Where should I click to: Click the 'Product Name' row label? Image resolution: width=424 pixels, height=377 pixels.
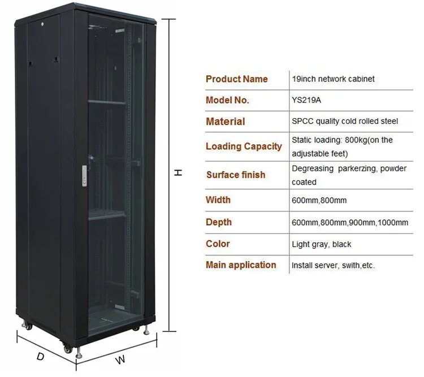pos(236,79)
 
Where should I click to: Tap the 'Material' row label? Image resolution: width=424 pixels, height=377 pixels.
pos(225,122)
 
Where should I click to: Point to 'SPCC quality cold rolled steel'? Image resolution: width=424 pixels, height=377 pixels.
pos(345,122)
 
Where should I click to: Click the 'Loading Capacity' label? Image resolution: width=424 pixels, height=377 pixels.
pos(243,146)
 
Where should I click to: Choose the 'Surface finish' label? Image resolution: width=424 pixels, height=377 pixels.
pos(235,175)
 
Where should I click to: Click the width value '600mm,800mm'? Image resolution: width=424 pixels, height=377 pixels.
pos(319,200)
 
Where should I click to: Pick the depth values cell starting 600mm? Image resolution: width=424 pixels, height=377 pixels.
pos(349,223)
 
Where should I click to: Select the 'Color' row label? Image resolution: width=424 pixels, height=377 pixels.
pos(218,244)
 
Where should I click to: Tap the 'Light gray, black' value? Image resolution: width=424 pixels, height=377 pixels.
pos(321,244)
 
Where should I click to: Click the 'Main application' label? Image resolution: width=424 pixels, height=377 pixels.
pos(241,265)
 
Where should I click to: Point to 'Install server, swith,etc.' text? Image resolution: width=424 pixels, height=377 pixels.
pos(333,265)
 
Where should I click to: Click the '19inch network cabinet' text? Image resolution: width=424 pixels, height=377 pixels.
pos(333,79)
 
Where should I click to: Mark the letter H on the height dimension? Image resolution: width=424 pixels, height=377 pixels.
pos(178,173)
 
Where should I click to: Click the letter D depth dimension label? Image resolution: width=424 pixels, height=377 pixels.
pos(40,357)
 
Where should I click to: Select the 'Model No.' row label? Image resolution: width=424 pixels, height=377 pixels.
pos(227,101)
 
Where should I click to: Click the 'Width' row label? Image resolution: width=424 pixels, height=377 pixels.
pos(218,200)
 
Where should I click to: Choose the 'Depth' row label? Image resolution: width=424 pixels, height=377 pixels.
pos(218,223)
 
